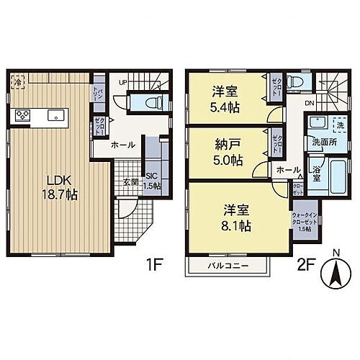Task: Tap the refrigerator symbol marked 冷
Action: pos(17,83)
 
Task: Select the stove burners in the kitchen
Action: pos(21,114)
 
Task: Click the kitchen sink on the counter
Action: pos(53,114)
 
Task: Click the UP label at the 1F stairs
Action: pos(123,83)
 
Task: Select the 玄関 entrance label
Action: pos(131,181)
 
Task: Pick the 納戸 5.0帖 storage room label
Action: pos(224,149)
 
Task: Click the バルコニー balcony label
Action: pos(229,266)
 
